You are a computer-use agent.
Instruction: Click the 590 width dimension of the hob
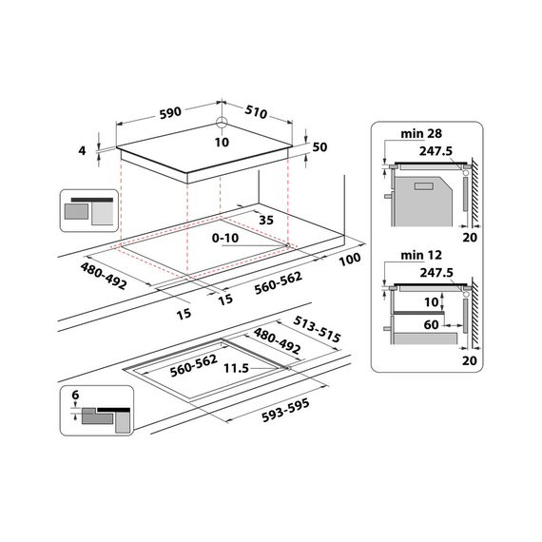[170, 112]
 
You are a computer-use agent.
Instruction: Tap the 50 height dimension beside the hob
[319, 146]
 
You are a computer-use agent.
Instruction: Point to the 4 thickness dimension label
[83, 150]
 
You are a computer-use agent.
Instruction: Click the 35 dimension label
[265, 220]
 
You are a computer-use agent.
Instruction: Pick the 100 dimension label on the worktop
[350, 259]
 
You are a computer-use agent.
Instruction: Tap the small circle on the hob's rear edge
[221, 123]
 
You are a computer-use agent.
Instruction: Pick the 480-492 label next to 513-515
[278, 342]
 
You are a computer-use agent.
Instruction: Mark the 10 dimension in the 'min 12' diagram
[434, 301]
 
